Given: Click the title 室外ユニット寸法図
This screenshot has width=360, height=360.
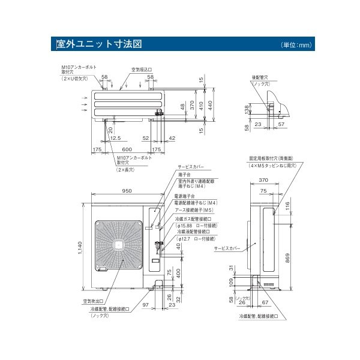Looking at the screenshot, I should click(98, 44).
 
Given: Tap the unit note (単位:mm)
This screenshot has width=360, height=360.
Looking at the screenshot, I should click(296, 45).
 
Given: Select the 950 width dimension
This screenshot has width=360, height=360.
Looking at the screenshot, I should click(127, 191).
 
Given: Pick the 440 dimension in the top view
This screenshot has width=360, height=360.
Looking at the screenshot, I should click(209, 103).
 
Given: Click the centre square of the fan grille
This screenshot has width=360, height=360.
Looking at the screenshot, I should click(119, 245).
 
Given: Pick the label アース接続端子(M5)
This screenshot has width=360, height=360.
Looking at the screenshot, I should click(194, 211).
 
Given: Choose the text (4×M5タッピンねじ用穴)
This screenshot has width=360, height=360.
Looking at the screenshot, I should click(273, 164).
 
